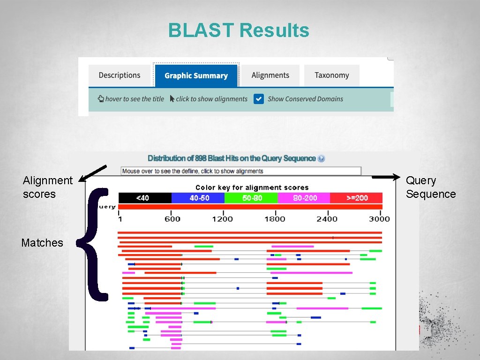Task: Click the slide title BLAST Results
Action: point(239,31)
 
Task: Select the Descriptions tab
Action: point(120,75)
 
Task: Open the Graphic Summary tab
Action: point(196,76)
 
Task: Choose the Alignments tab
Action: point(270,75)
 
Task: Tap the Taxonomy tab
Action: point(331,75)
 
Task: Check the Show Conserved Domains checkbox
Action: point(259,99)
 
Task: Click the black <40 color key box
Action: point(145,198)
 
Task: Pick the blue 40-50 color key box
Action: point(198,198)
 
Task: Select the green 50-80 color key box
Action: point(251,198)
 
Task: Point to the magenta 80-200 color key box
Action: point(304,198)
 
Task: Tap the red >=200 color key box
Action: point(356,198)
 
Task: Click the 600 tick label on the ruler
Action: point(172,219)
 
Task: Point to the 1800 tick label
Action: point(274,219)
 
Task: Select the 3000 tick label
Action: point(379,219)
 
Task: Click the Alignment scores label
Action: point(47,187)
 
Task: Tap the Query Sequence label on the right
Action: point(430,187)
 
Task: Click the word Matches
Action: point(42,243)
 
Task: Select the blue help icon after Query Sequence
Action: point(321,158)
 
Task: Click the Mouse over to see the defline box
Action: point(241,171)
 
